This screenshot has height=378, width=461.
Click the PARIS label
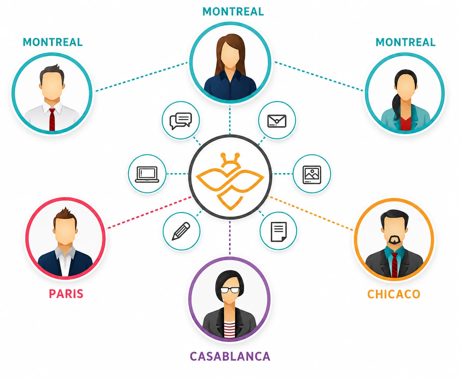[66, 294]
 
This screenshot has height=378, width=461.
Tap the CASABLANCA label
[230, 356]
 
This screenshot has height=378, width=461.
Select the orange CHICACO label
[394, 294]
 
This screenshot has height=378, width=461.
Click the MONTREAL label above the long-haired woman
[233, 12]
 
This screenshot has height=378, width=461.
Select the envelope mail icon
[277, 121]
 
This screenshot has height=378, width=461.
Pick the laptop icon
[147, 174]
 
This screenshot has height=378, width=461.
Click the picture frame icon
[312, 175]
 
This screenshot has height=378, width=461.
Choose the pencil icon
[181, 231]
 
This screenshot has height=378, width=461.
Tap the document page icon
[279, 232]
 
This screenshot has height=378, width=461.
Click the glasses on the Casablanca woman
[230, 290]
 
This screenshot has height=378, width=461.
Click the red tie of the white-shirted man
[52, 119]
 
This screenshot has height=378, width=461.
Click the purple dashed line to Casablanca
[230, 238]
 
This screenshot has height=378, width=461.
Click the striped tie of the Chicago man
[394, 265]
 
